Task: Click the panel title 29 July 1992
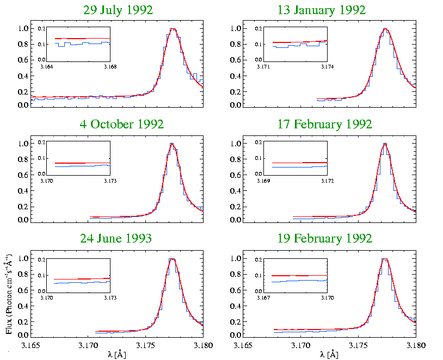pyautogui.click(x=118, y=10)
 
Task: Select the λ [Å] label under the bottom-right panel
pyautogui.click(x=330, y=355)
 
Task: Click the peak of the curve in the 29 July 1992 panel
pyautogui.click(x=173, y=28)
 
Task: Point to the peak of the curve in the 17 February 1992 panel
pyautogui.click(x=385, y=144)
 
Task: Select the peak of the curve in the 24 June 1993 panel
pyautogui.click(x=173, y=259)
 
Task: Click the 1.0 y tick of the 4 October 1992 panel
pyautogui.click(x=23, y=144)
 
